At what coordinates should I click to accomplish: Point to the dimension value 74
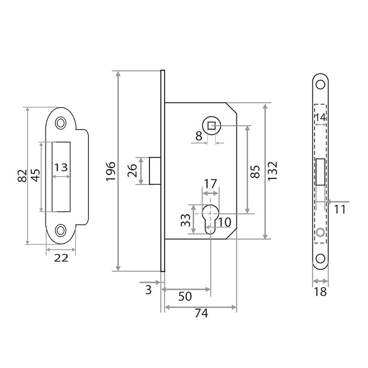[x=201, y=314]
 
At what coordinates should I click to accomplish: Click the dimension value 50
[x=184, y=297]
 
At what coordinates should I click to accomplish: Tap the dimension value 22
[x=61, y=258]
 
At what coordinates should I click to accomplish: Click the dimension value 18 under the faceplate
[x=321, y=292]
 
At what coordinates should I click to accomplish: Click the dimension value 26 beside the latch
[x=131, y=171]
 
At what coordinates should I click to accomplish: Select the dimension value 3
[x=148, y=289]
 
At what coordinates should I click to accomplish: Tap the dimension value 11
[x=340, y=210]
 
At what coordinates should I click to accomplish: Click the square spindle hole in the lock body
[x=211, y=126]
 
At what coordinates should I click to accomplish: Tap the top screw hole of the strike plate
[x=60, y=123]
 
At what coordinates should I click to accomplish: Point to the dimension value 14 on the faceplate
[x=321, y=118]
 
